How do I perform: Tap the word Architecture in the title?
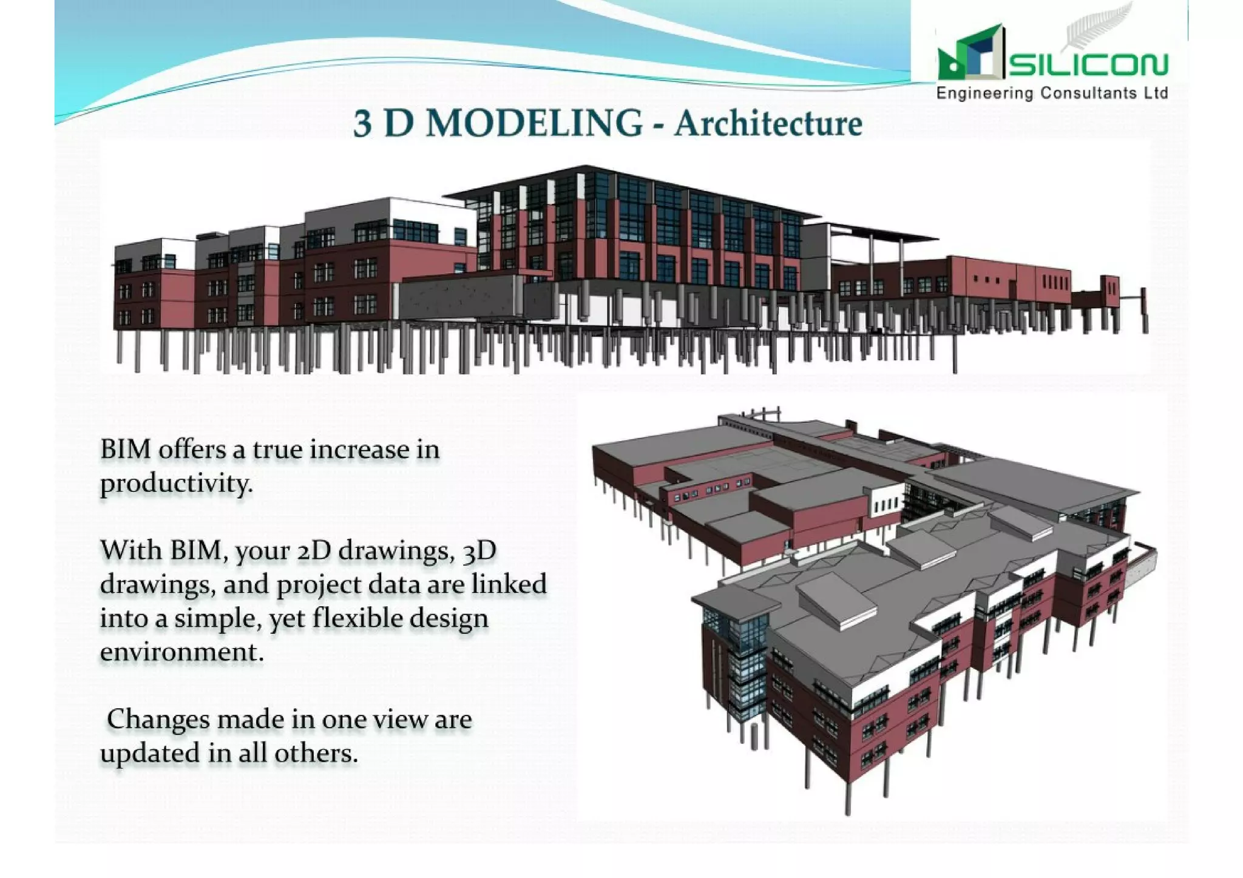point(768,124)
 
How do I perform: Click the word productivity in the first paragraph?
point(175,484)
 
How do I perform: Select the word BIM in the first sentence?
point(126,450)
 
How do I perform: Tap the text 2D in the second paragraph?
point(314,550)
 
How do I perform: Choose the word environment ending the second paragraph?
point(181,652)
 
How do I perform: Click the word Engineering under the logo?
point(984,93)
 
